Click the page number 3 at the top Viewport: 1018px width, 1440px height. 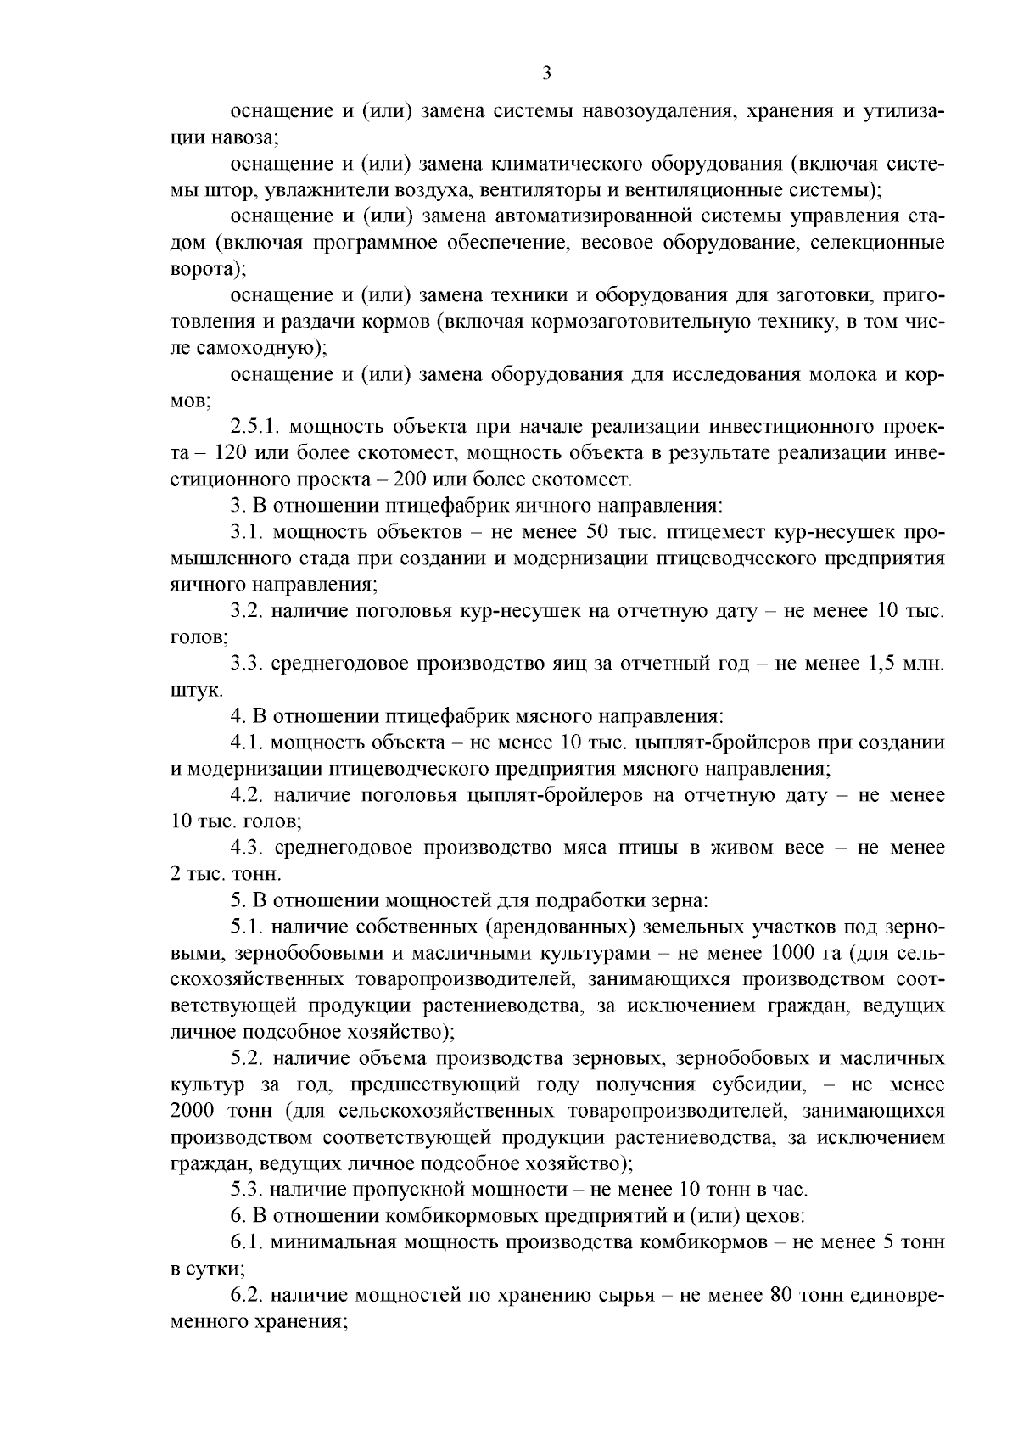click(x=546, y=74)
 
